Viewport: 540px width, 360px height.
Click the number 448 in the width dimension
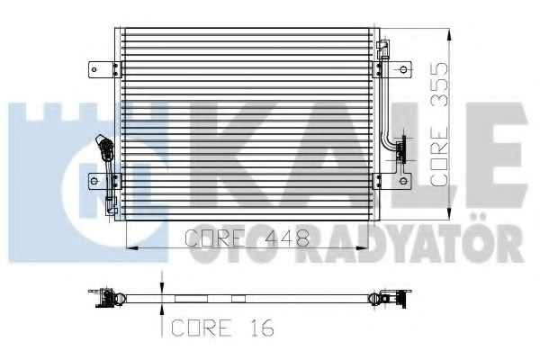click(288, 238)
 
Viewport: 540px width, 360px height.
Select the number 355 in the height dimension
click(440, 84)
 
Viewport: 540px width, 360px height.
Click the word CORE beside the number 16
click(202, 328)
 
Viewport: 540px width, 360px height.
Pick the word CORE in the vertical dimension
click(440, 157)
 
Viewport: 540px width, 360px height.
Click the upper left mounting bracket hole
click(94, 69)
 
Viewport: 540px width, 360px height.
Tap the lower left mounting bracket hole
click(94, 181)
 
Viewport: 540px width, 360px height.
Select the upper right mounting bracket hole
click(403, 69)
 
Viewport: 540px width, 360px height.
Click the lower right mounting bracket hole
click(403, 181)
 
